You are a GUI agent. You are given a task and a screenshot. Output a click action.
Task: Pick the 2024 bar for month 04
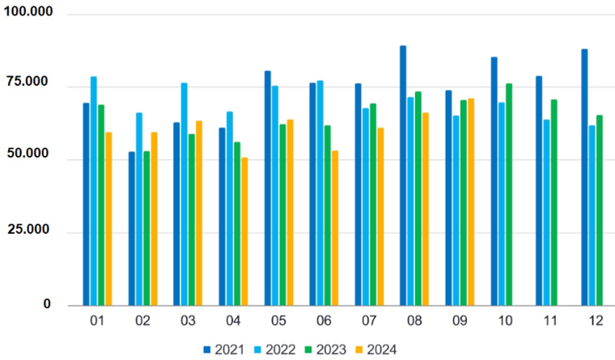point(244,231)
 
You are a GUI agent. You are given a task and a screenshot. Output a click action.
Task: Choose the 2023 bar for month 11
point(554,202)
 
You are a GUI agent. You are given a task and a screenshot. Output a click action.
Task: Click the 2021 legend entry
point(223,349)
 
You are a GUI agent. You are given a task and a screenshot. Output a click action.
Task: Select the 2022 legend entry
point(274,349)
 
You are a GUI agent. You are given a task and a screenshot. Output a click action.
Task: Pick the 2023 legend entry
point(324,349)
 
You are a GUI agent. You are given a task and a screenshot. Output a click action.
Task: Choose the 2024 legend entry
point(373,349)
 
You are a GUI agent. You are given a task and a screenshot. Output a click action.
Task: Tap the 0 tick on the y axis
point(47,304)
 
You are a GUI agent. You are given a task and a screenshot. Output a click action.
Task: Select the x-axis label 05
point(278,321)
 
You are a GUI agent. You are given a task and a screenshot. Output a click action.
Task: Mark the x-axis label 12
point(596,321)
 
